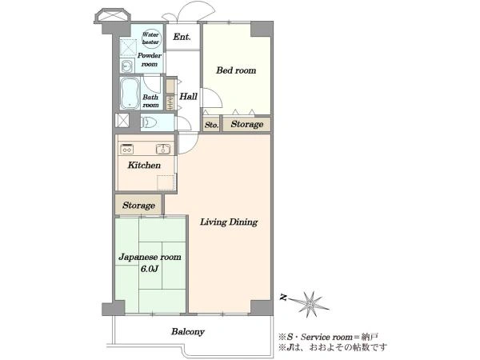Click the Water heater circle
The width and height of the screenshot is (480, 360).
coord(151,38)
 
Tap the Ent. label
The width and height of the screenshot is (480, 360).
coord(182,37)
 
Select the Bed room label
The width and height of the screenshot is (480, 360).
coord(236,70)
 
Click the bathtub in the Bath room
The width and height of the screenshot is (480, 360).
coord(130,94)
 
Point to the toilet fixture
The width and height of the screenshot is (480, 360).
coord(149,122)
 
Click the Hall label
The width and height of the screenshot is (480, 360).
coord(188,97)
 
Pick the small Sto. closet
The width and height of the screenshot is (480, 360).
coord(211,125)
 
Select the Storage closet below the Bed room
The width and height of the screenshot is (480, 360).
coord(246,124)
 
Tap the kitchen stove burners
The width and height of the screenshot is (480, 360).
coord(126,149)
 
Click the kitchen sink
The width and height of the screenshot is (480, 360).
coord(163,149)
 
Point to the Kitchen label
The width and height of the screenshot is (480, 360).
coord(144,166)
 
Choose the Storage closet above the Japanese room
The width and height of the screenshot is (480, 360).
coord(138,205)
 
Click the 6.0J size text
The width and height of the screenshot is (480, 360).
coord(150,270)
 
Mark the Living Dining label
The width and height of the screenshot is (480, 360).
coord(229,222)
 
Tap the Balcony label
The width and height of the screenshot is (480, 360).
coord(188,331)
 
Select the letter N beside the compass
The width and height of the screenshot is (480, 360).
coord(283,297)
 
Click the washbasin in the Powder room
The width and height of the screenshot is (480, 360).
coord(126,66)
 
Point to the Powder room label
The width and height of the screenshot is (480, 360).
coord(150,60)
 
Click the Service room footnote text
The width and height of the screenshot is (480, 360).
coord(328,337)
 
